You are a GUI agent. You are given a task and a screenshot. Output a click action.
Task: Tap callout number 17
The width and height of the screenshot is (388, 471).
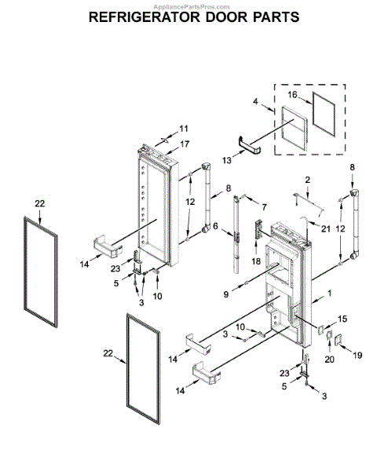tap(185, 144)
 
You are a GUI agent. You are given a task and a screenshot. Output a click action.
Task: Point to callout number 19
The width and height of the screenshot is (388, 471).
tap(357, 355)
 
